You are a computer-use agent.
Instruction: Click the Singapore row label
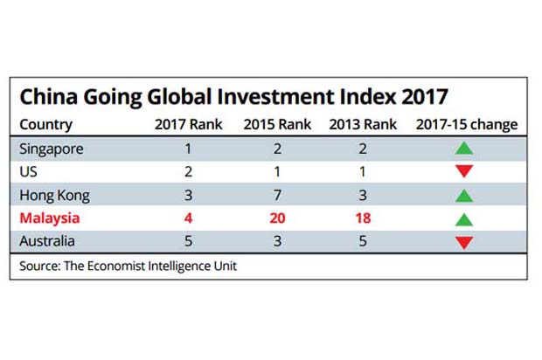(x=52, y=149)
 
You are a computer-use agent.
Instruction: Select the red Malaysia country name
(x=50, y=218)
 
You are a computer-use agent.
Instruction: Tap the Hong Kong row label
(x=54, y=196)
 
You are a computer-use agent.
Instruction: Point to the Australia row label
(x=47, y=241)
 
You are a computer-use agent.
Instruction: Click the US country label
(x=28, y=172)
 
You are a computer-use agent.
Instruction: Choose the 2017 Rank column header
(x=188, y=124)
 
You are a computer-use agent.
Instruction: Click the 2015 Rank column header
(x=277, y=124)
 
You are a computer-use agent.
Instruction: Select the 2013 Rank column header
(x=363, y=124)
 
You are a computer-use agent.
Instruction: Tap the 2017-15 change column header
(x=467, y=125)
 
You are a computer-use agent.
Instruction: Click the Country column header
(x=46, y=125)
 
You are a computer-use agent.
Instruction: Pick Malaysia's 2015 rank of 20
(x=277, y=218)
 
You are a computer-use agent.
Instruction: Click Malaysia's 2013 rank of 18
(x=363, y=218)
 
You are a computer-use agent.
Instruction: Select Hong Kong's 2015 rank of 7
(x=277, y=195)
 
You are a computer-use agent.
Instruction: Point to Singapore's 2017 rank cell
(x=188, y=149)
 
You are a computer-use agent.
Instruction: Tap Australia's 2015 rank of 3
(x=277, y=241)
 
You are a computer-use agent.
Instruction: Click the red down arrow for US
(x=464, y=171)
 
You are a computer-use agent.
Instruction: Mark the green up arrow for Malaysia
(x=464, y=219)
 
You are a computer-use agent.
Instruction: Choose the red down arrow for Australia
(x=464, y=243)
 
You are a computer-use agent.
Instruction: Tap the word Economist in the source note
(x=115, y=266)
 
